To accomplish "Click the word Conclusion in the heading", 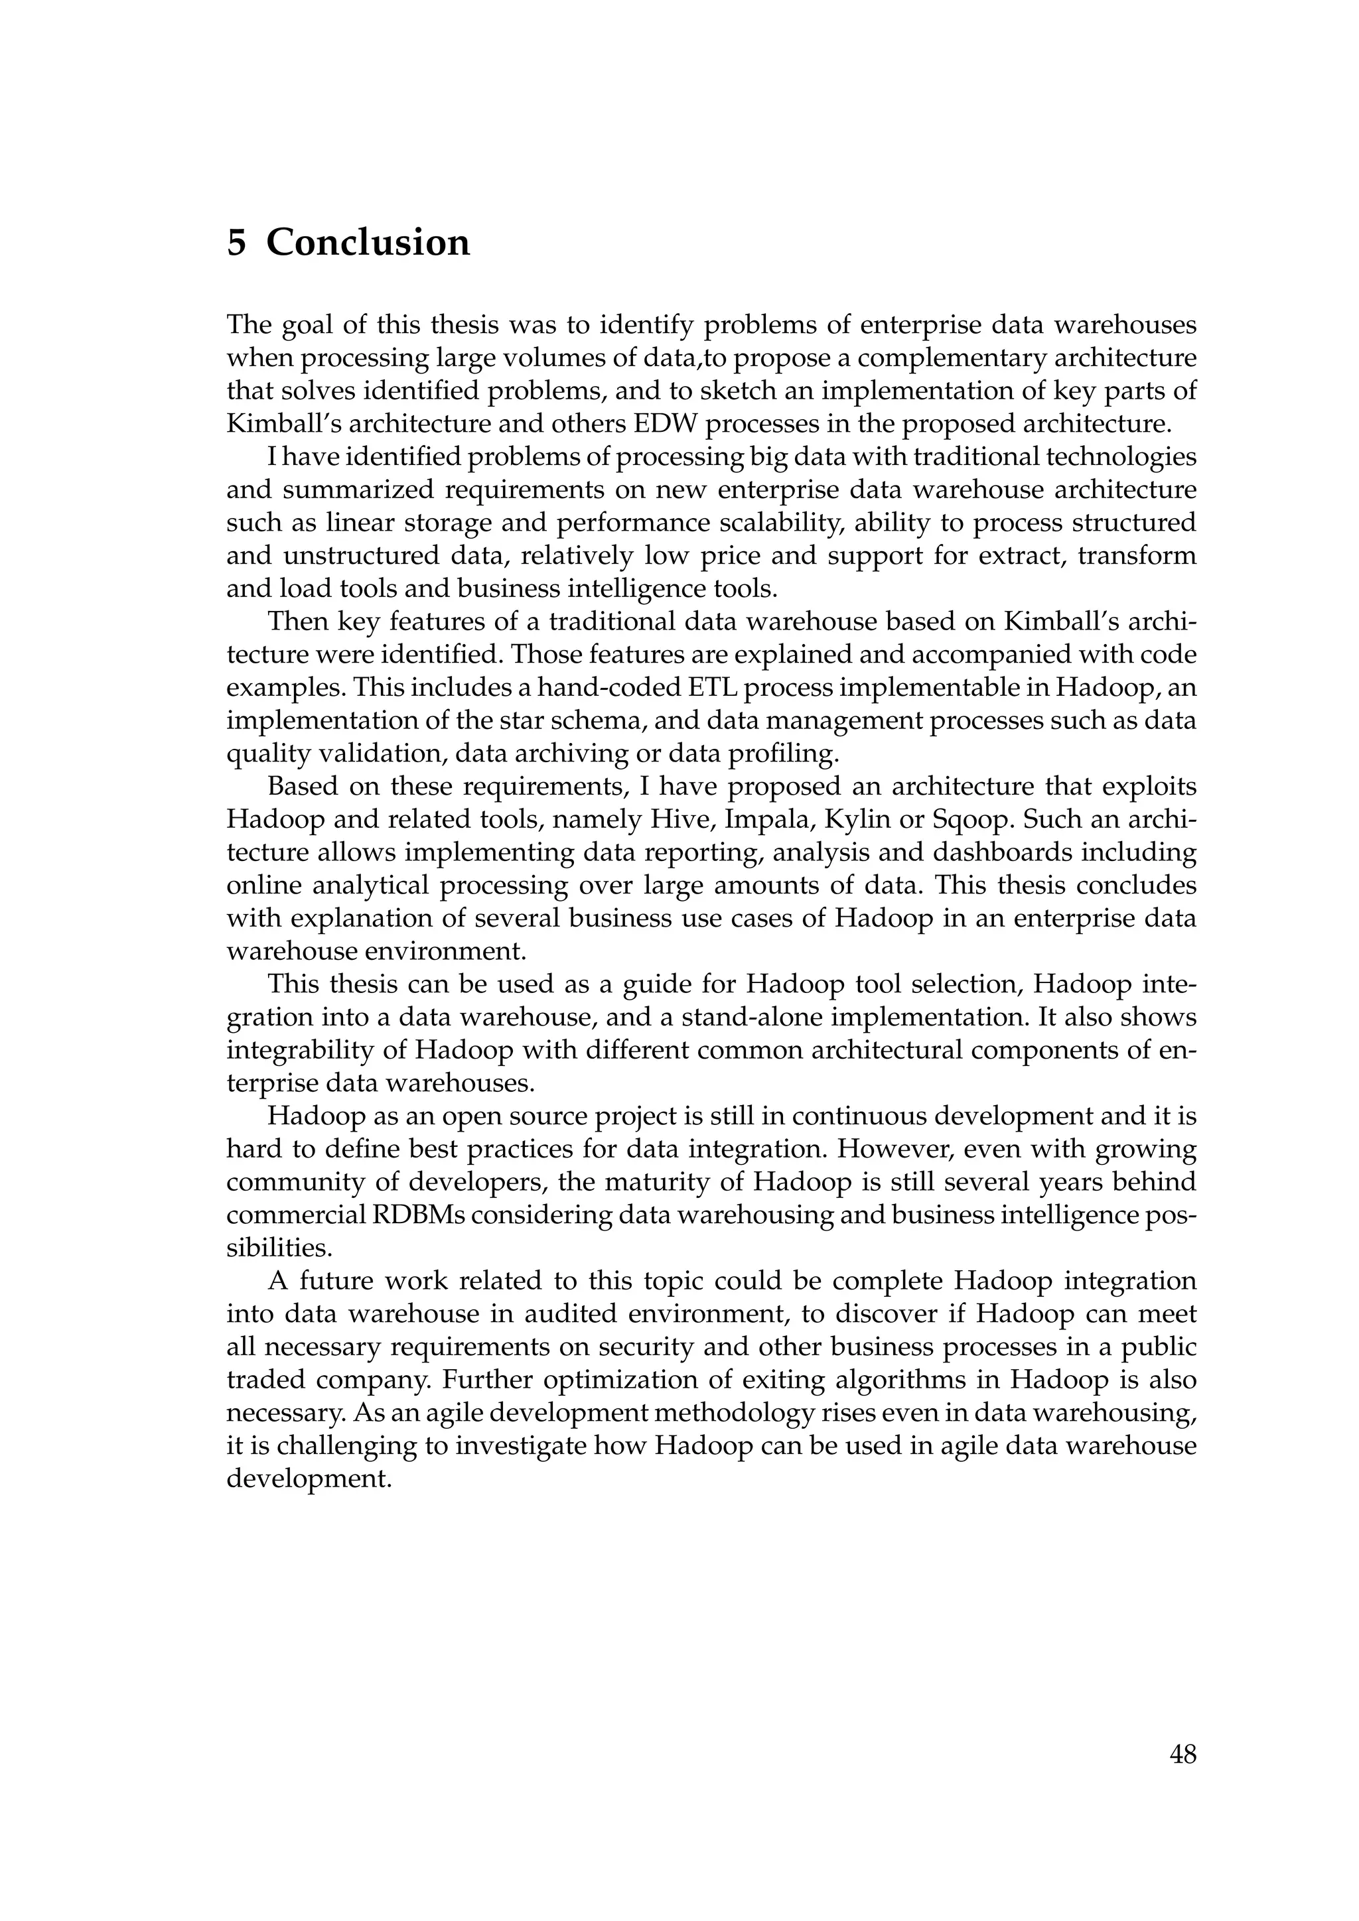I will coord(368,243).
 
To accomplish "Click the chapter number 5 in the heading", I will coord(237,243).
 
